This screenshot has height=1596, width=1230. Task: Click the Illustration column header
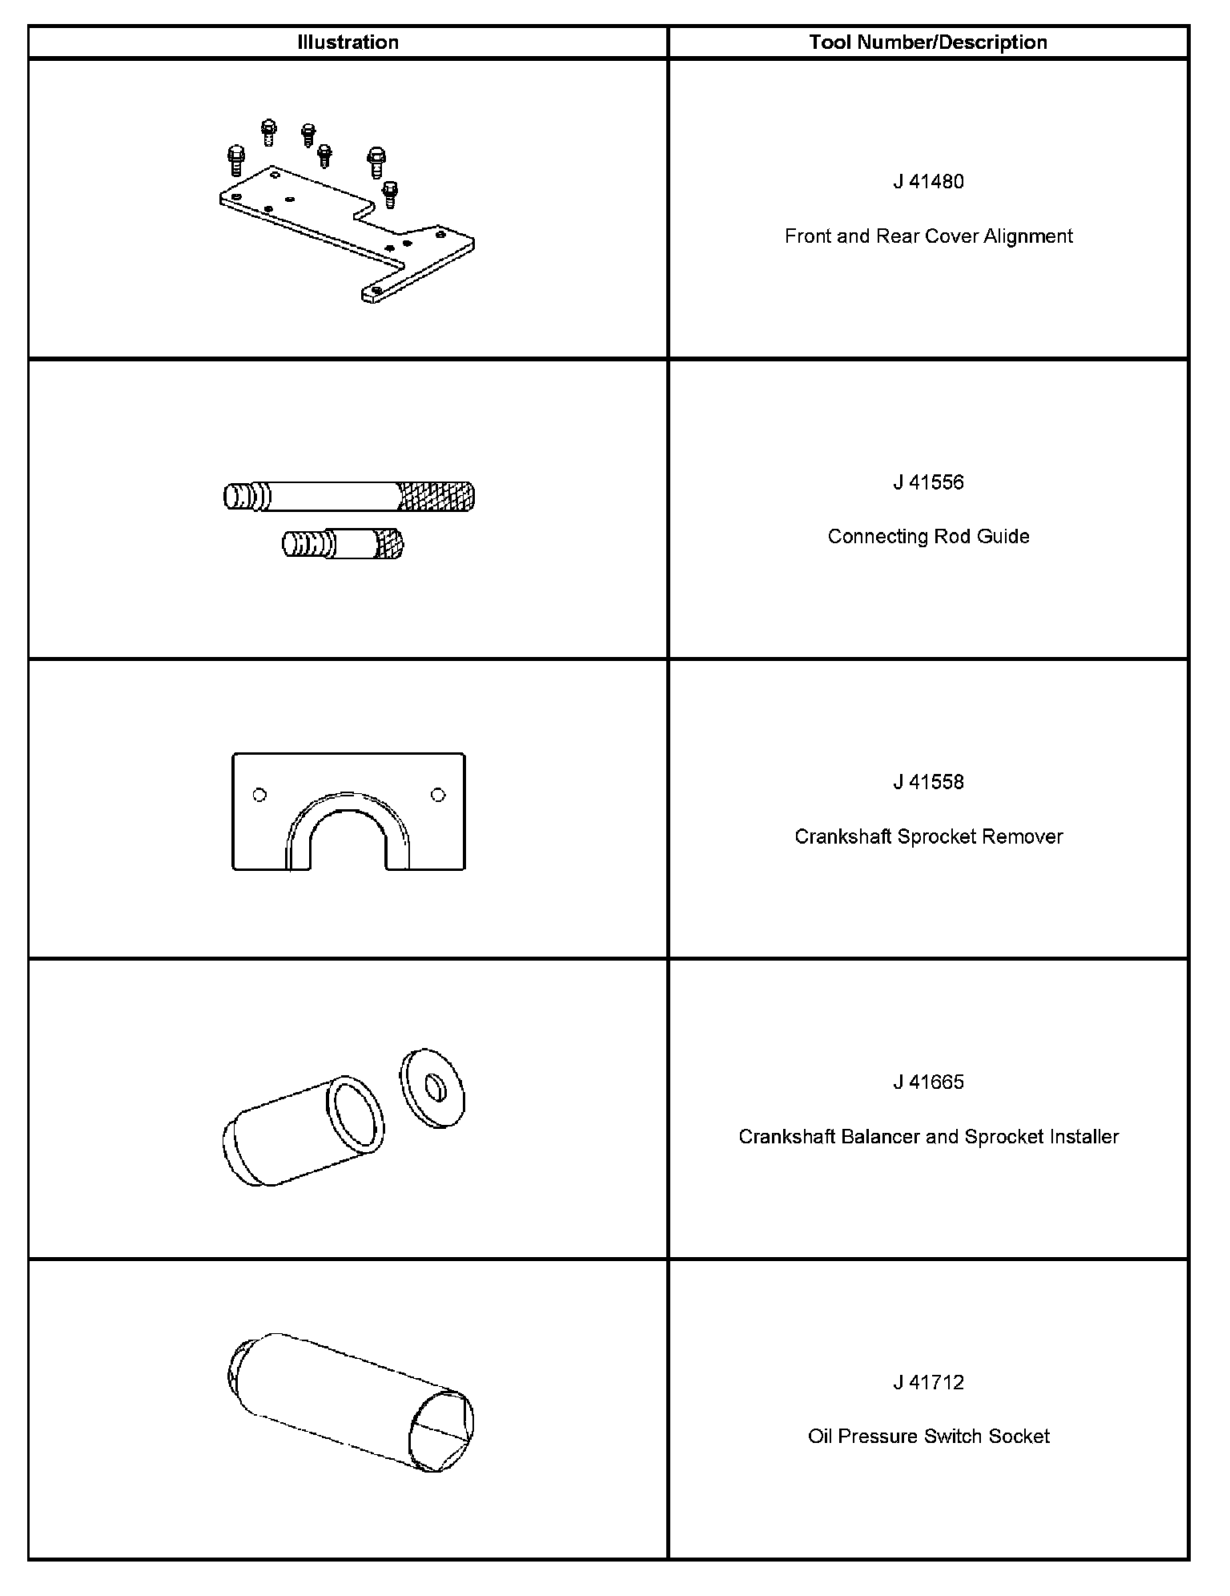pyautogui.click(x=348, y=42)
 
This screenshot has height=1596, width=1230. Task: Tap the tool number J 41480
pyautogui.click(x=928, y=182)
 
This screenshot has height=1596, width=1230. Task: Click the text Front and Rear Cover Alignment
pyautogui.click(x=928, y=236)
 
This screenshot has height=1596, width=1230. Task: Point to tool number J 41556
pyautogui.click(x=928, y=482)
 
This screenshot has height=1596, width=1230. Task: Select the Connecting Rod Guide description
pyautogui.click(x=928, y=536)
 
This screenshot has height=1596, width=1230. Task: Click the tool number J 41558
pyautogui.click(x=928, y=782)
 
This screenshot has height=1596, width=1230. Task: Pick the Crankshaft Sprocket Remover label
pyautogui.click(x=928, y=836)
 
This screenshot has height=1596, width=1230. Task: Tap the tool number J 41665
pyautogui.click(x=928, y=1082)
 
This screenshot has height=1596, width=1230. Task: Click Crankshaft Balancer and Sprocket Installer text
pyautogui.click(x=928, y=1137)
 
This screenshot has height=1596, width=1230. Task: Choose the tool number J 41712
pyautogui.click(x=928, y=1382)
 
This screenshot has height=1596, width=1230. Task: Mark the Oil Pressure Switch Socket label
pyautogui.click(x=928, y=1437)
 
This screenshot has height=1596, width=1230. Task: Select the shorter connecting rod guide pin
pyautogui.click(x=343, y=545)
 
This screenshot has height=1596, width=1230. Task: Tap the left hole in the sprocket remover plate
pyautogui.click(x=259, y=795)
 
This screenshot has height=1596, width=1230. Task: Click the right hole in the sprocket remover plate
pyautogui.click(x=437, y=795)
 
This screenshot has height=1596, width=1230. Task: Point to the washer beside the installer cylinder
pyautogui.click(x=432, y=1088)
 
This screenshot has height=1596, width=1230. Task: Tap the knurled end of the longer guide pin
pyautogui.click(x=436, y=497)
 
